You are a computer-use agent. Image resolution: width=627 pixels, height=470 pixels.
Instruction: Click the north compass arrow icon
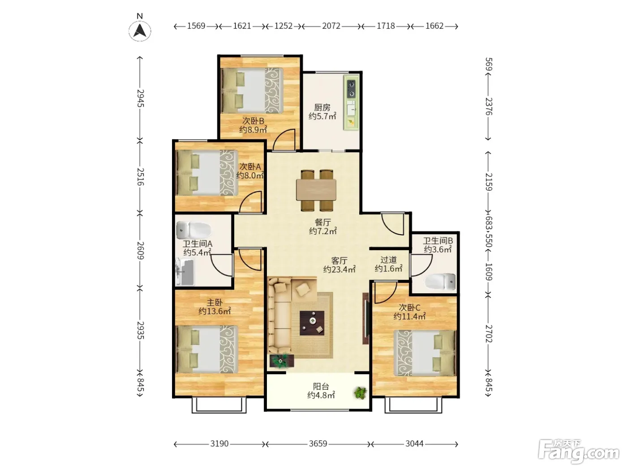coord(140,31)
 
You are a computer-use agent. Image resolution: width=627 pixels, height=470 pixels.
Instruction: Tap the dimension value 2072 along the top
coord(331,26)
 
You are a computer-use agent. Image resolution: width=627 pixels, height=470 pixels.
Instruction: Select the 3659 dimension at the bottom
coord(318,444)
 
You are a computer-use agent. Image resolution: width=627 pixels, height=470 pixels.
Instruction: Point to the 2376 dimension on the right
coord(489,106)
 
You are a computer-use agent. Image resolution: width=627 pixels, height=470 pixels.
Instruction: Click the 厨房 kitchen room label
coord(322,107)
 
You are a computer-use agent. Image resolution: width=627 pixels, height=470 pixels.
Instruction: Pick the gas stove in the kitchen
coord(352,89)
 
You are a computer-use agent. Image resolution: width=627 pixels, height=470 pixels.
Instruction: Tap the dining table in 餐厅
coord(316,190)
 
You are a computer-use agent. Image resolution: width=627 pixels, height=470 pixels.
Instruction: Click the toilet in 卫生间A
coord(193,230)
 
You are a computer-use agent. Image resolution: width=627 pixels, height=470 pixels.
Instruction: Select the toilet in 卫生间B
coord(440,282)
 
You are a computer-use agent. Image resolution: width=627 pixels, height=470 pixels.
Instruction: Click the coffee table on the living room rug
coord(312,323)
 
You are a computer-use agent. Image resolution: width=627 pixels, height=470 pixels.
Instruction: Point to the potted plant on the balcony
coord(361,393)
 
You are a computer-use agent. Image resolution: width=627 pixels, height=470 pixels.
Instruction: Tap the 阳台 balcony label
coord(321,386)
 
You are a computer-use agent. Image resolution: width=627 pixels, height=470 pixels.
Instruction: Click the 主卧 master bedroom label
coord(215,302)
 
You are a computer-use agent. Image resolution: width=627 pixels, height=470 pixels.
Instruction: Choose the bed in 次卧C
coord(425,353)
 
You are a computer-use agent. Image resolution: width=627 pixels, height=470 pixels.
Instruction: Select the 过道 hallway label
coord(388,260)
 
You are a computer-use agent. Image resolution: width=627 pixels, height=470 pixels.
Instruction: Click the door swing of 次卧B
coord(284,140)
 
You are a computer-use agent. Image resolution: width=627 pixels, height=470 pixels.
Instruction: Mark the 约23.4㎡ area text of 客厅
coord(339,269)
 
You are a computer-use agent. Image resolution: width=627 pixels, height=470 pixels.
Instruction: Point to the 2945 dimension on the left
coord(140,98)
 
